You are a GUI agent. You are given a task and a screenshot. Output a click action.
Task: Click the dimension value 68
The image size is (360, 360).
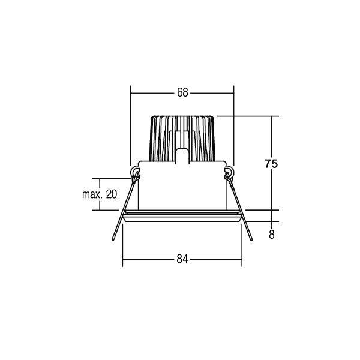(182, 92)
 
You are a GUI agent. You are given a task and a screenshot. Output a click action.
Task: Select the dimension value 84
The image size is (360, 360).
(182, 259)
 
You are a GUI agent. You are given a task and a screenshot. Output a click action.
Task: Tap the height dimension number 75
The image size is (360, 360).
(272, 163)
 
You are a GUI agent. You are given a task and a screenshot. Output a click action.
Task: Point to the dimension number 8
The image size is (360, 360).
(272, 235)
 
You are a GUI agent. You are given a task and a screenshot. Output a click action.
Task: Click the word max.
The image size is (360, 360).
(91, 194)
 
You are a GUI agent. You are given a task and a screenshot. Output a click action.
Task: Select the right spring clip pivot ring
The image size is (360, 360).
(229, 175)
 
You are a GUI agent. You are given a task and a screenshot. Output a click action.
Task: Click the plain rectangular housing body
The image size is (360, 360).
(182, 186)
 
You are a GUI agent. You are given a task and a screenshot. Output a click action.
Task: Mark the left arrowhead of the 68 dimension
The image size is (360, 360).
(133, 92)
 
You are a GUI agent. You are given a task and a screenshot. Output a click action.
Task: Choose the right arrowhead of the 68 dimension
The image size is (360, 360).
(232, 92)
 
